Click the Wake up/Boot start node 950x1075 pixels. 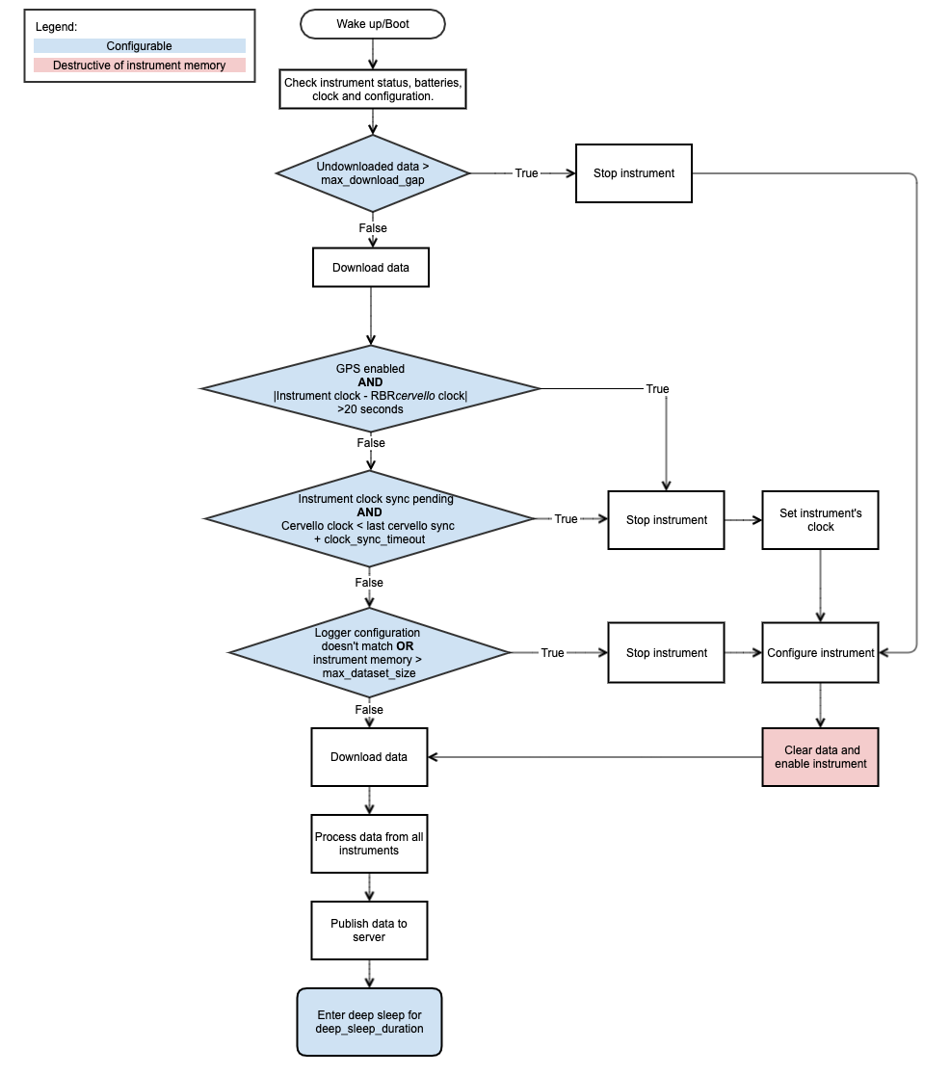point(373,24)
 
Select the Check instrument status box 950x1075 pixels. point(373,90)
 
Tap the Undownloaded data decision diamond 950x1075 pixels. point(373,173)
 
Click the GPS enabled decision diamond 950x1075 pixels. point(371,388)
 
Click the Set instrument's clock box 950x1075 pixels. point(820,520)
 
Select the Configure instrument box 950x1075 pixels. point(820,653)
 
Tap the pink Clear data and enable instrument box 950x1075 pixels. point(820,757)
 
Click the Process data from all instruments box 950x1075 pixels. point(369,844)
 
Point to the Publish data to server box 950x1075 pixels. point(369,931)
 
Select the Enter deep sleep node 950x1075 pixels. point(369,1022)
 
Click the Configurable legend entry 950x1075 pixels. point(140,45)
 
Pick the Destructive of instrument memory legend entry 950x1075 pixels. point(140,66)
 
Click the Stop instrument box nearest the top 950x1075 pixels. point(633,173)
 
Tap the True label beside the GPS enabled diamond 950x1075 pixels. point(657,389)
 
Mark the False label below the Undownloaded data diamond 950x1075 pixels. point(373,228)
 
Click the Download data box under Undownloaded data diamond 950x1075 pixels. point(371,268)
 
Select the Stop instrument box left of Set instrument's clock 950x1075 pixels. point(666,520)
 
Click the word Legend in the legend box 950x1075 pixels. point(56,26)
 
